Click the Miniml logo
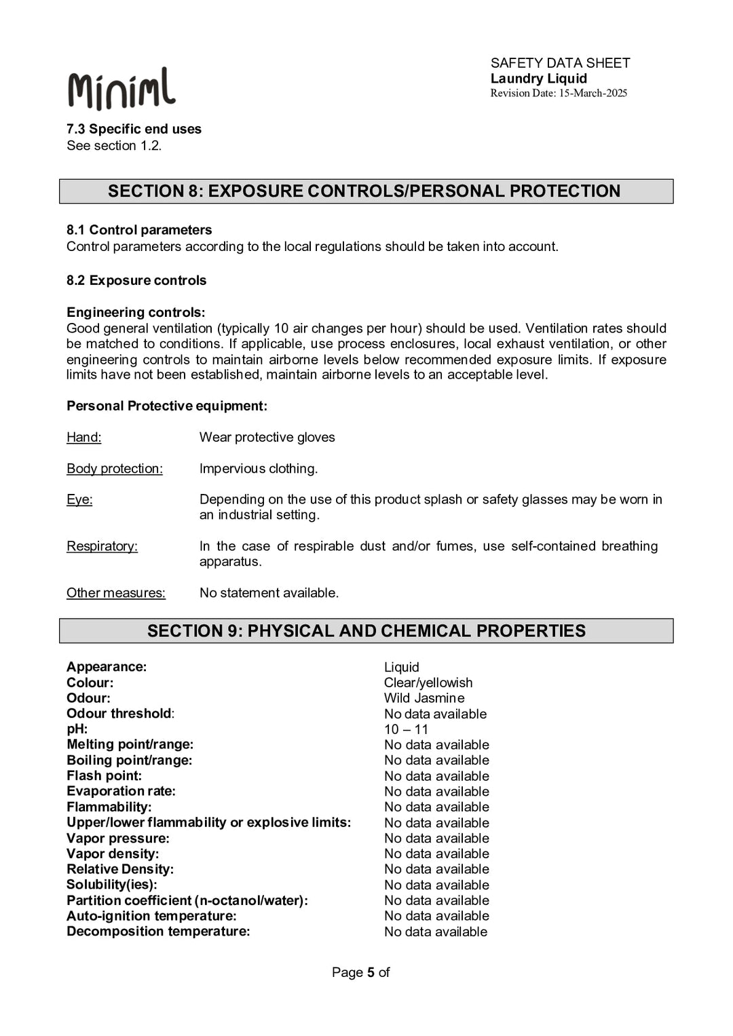pos(121,89)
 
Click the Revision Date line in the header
pos(558,94)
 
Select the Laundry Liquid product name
pos(538,79)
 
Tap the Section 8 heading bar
pos(366,191)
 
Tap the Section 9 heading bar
pos(366,631)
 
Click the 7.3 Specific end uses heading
pos(134,129)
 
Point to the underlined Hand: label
pos(83,438)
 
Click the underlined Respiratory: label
pos(102,546)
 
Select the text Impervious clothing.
pos(258,469)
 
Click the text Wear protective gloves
pos(267,438)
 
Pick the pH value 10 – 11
pos(406,729)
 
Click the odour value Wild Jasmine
pos(424,698)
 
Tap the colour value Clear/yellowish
pos(428,683)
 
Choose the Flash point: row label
pos(104,775)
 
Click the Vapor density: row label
pos(112,853)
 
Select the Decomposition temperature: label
pos(157,932)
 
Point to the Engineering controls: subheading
pos(135,312)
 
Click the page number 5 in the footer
pos(371,972)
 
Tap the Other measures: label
pos(115,593)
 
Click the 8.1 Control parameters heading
pos(138,230)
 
